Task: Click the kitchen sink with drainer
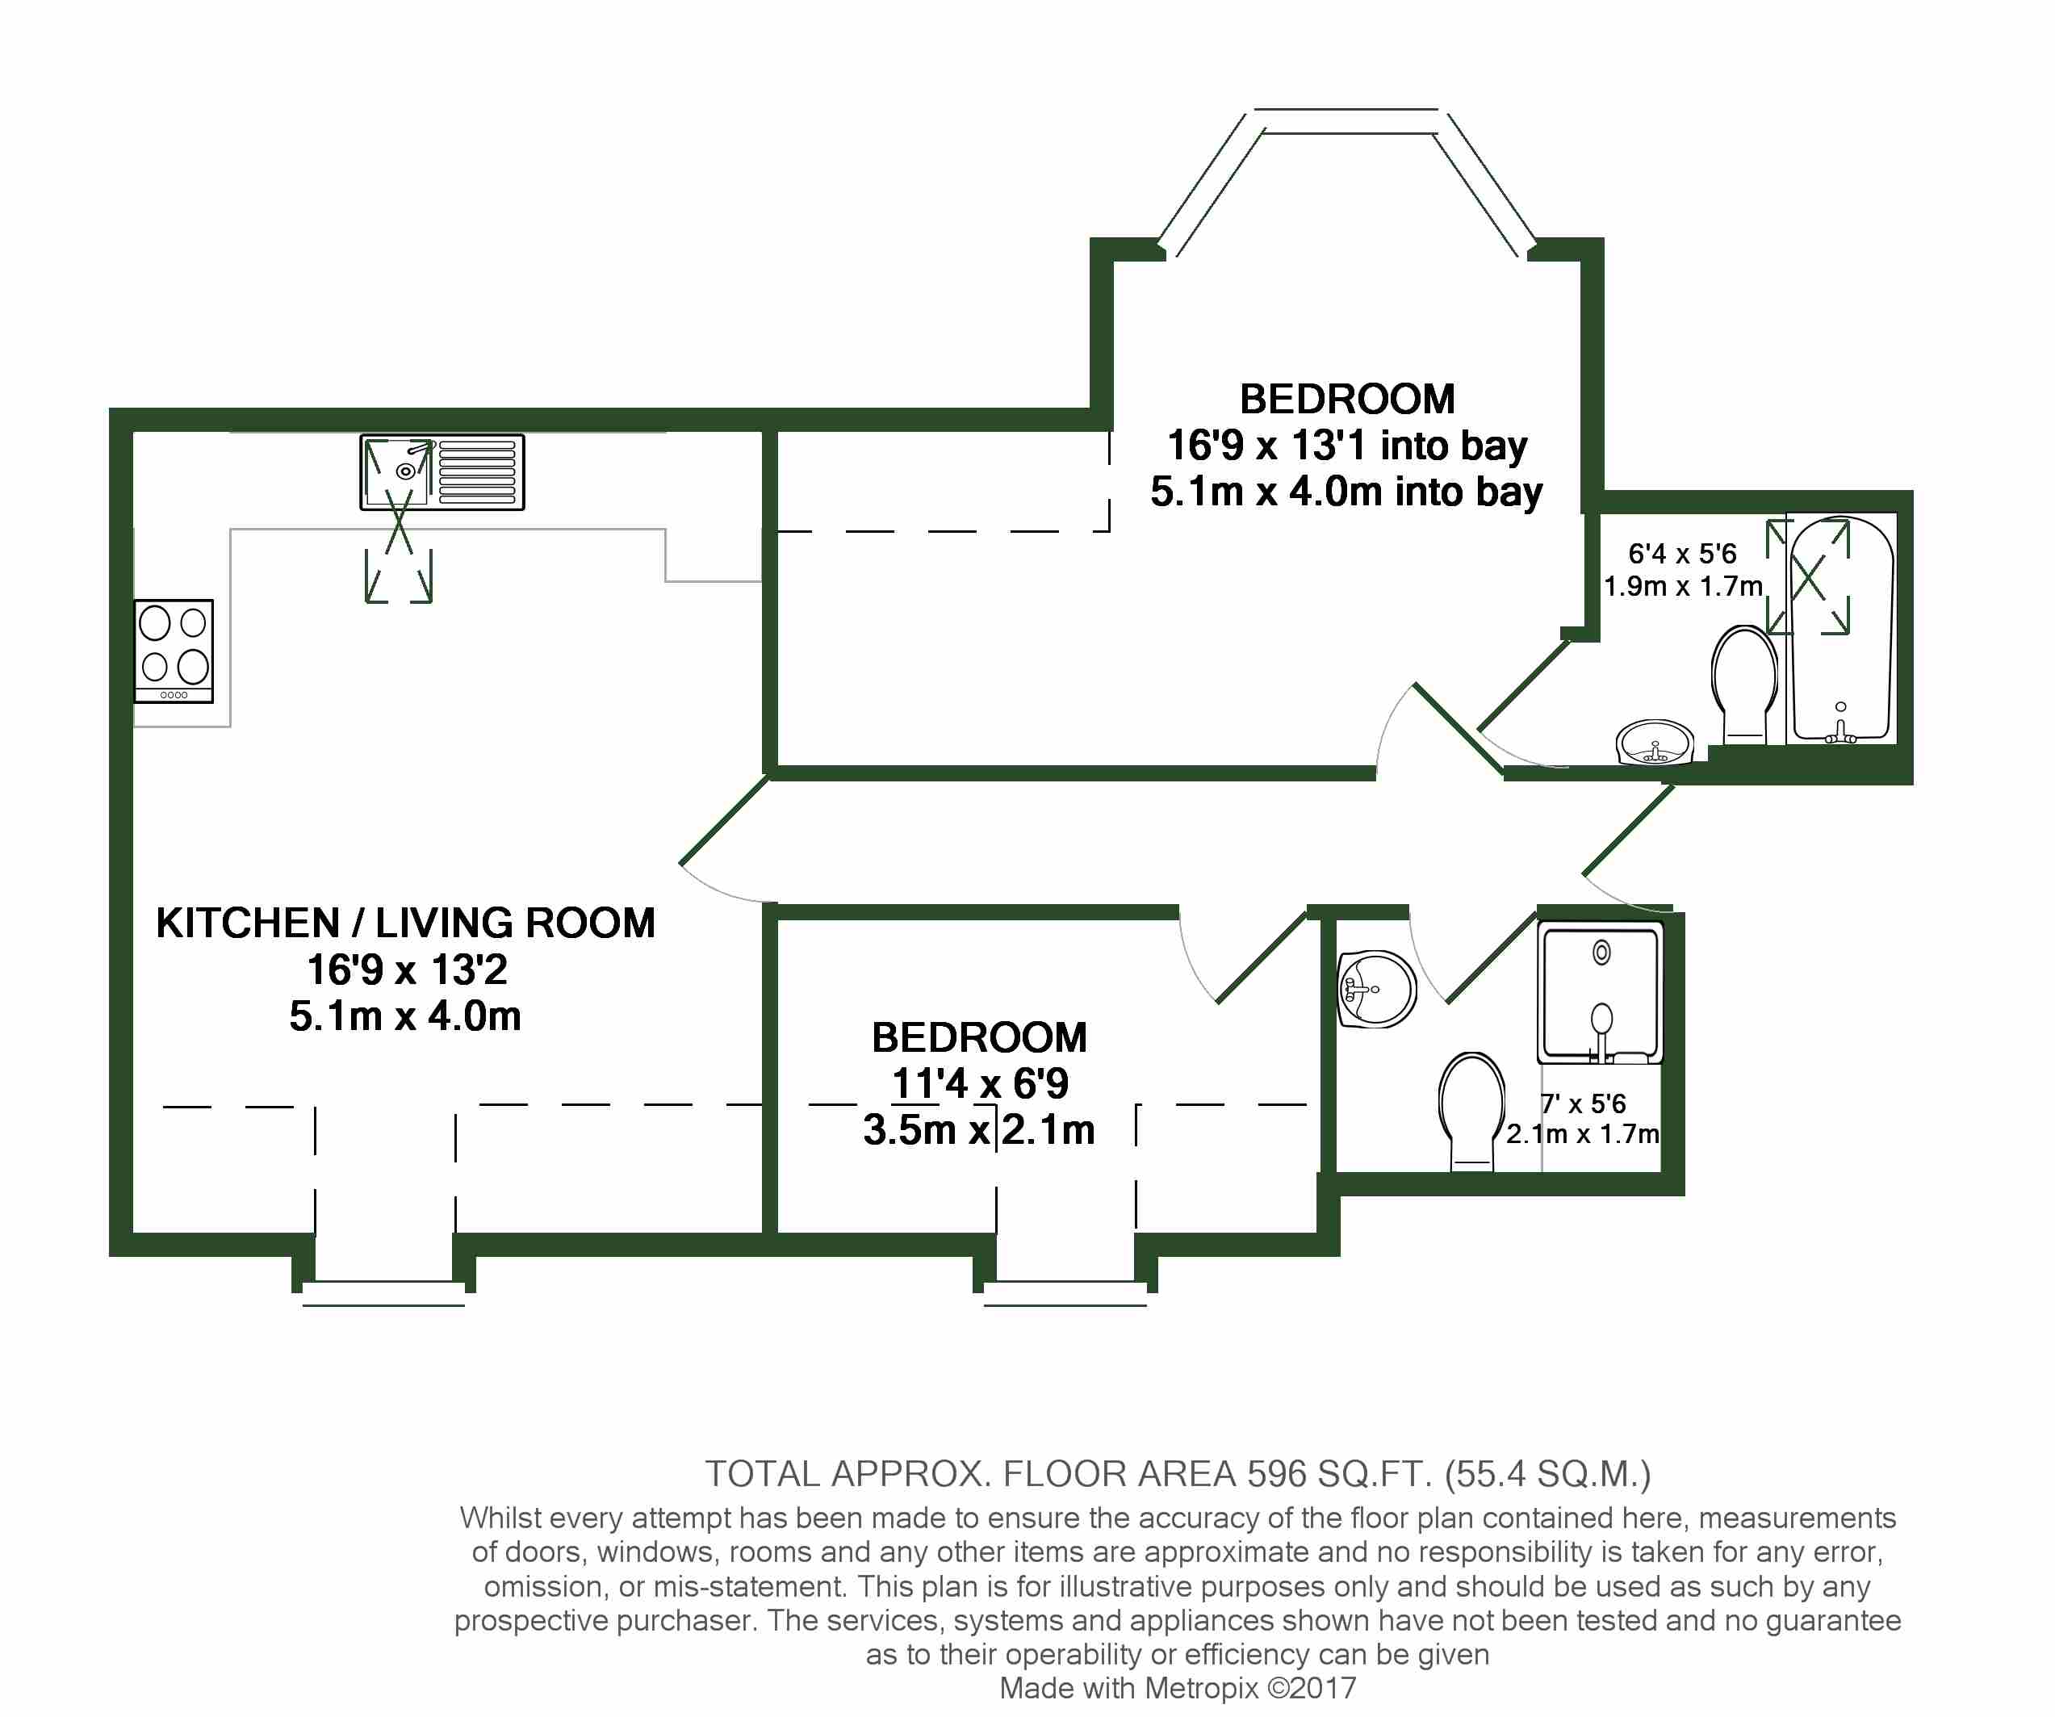442,472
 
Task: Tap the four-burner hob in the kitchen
174,651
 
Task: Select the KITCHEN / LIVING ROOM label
405,923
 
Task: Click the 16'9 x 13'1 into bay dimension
1347,446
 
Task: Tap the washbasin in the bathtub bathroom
1655,742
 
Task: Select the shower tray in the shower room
1600,991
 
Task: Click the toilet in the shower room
1471,1111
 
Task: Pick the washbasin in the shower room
1376,989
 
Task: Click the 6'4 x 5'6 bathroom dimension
1681,554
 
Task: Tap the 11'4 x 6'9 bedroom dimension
980,1083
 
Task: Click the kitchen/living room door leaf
723,820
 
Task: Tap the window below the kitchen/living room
383,1293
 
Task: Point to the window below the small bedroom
1065,1293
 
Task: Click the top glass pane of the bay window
1346,121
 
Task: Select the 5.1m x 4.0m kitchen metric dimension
405,1016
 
